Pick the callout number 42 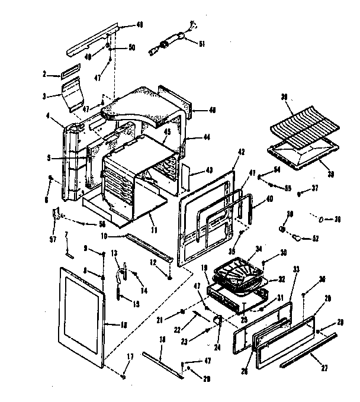(242, 152)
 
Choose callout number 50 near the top (131, 47)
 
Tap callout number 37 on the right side (316, 189)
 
